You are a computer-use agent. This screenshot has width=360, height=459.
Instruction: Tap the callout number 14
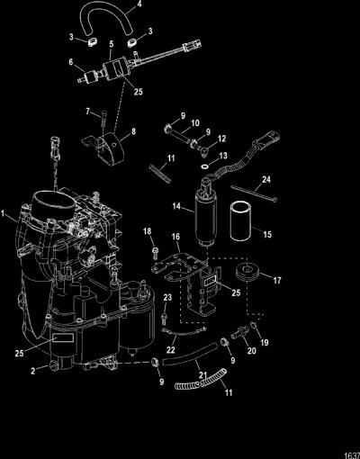pyautogui.click(x=177, y=206)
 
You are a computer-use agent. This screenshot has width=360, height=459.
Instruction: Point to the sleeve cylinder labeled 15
pyautogui.click(x=242, y=221)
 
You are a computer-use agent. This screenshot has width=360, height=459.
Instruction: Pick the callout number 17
pyautogui.click(x=277, y=280)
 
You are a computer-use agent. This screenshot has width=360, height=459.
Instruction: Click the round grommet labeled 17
pyautogui.click(x=247, y=273)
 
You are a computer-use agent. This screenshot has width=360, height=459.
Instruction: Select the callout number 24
pyautogui.click(x=266, y=179)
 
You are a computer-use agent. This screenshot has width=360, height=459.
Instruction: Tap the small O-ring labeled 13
pyautogui.click(x=204, y=166)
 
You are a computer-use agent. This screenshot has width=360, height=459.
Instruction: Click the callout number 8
pyautogui.click(x=133, y=131)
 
